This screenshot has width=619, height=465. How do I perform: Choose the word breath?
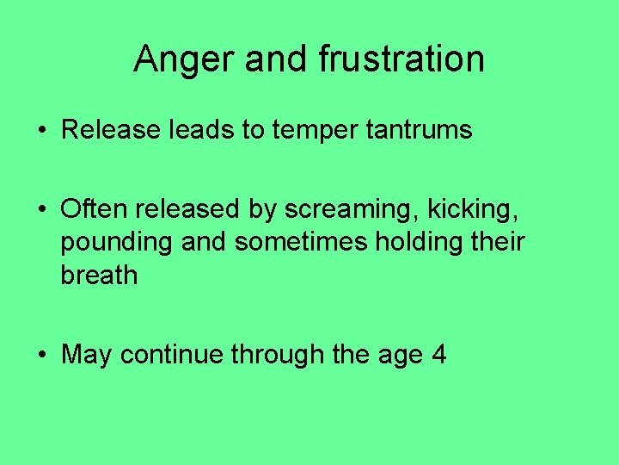[99, 276]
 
